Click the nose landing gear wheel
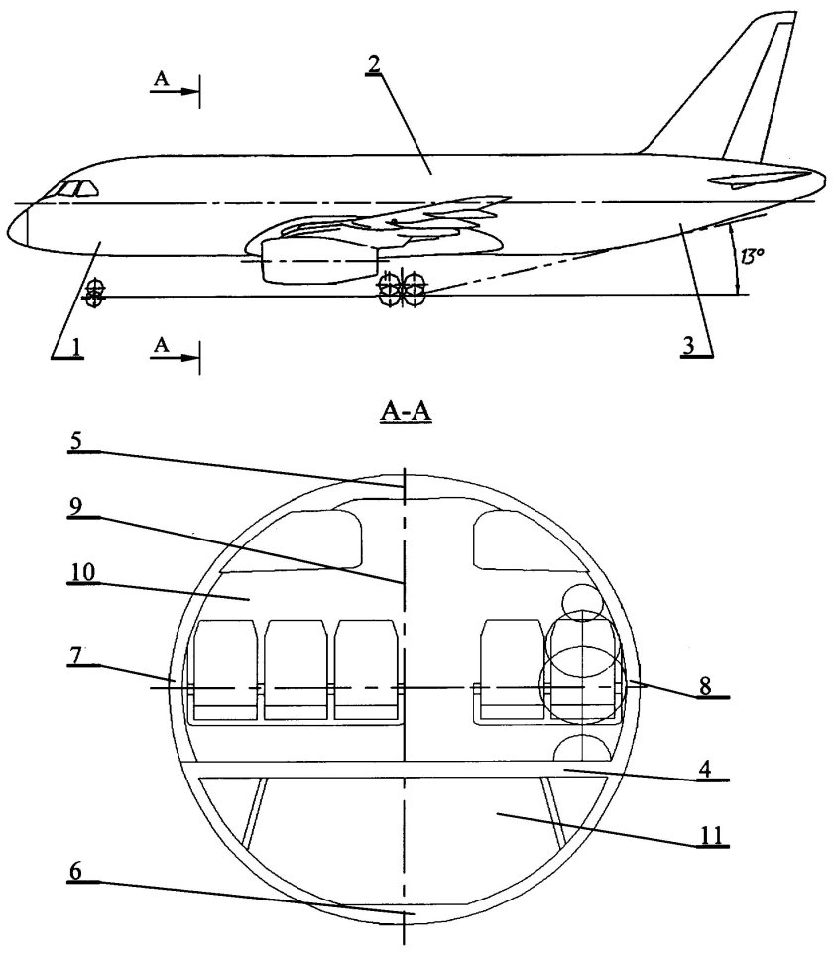pyautogui.click(x=95, y=294)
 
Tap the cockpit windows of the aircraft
pyautogui.click(x=74, y=189)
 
